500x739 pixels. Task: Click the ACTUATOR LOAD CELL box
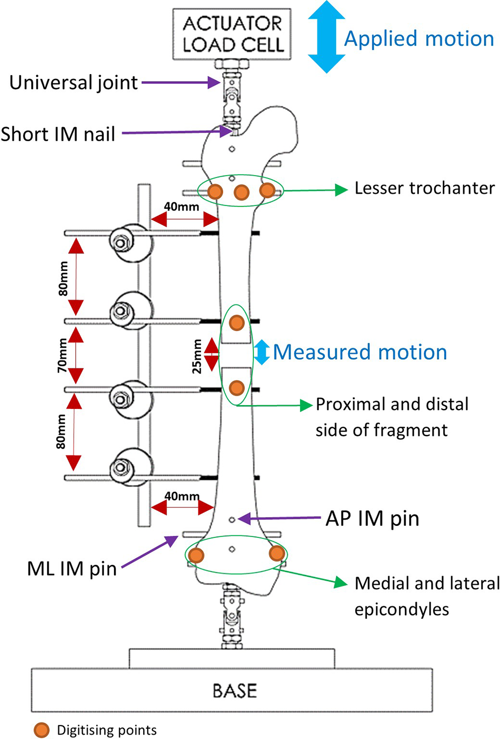232,34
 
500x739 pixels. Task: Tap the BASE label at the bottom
234,691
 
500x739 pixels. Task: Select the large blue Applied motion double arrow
326,37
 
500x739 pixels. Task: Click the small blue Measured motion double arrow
262,352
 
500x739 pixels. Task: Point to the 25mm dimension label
197,356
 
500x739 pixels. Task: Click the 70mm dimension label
63,355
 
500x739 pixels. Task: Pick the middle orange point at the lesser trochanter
241,192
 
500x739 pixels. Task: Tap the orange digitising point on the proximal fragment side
237,323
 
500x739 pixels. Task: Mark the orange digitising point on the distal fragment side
237,387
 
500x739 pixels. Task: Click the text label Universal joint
74,83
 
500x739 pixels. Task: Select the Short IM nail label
58,134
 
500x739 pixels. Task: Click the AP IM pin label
372,518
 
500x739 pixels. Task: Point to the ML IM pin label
72,569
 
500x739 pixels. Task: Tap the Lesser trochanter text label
424,188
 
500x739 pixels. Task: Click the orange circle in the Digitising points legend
42,730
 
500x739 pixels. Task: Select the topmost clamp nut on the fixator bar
122,242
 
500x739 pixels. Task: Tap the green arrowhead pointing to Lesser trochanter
341,189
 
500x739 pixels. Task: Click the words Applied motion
419,39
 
